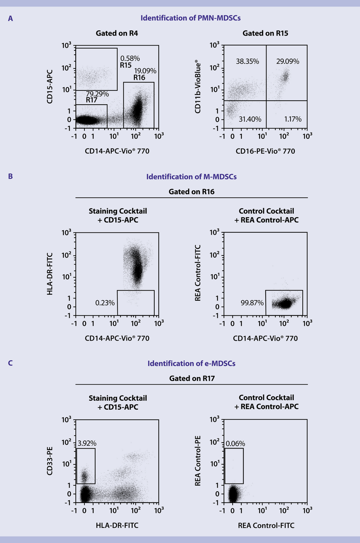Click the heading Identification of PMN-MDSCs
point(191,18)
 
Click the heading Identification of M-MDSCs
point(191,177)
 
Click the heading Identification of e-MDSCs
point(191,364)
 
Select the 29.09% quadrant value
point(287,62)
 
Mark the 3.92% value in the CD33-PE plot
point(87,444)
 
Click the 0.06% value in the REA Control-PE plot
point(235,444)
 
